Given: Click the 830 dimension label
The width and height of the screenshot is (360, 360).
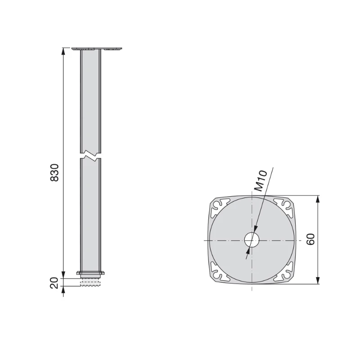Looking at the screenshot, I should click(54, 173).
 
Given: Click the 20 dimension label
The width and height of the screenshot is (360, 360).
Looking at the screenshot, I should click(54, 283).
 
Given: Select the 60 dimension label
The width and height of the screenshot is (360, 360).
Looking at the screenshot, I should click(310, 239).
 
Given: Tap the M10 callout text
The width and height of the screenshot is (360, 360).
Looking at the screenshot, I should click(261, 181).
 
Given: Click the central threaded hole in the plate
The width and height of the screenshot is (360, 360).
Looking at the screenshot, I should click(252, 240).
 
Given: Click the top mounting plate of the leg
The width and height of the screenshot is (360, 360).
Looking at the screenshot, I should click(97, 48).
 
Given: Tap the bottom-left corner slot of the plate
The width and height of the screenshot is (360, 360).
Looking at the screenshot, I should click(219, 274).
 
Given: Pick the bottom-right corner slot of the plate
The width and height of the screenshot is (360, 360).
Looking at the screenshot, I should click(285, 274).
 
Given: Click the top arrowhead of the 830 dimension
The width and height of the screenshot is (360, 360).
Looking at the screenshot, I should click(63, 51).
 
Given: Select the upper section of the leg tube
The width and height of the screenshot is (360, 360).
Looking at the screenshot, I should click(90, 99).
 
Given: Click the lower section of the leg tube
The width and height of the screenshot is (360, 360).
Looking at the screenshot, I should click(90, 216).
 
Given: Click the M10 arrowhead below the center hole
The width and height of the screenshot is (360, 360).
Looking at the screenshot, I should click(247, 254).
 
